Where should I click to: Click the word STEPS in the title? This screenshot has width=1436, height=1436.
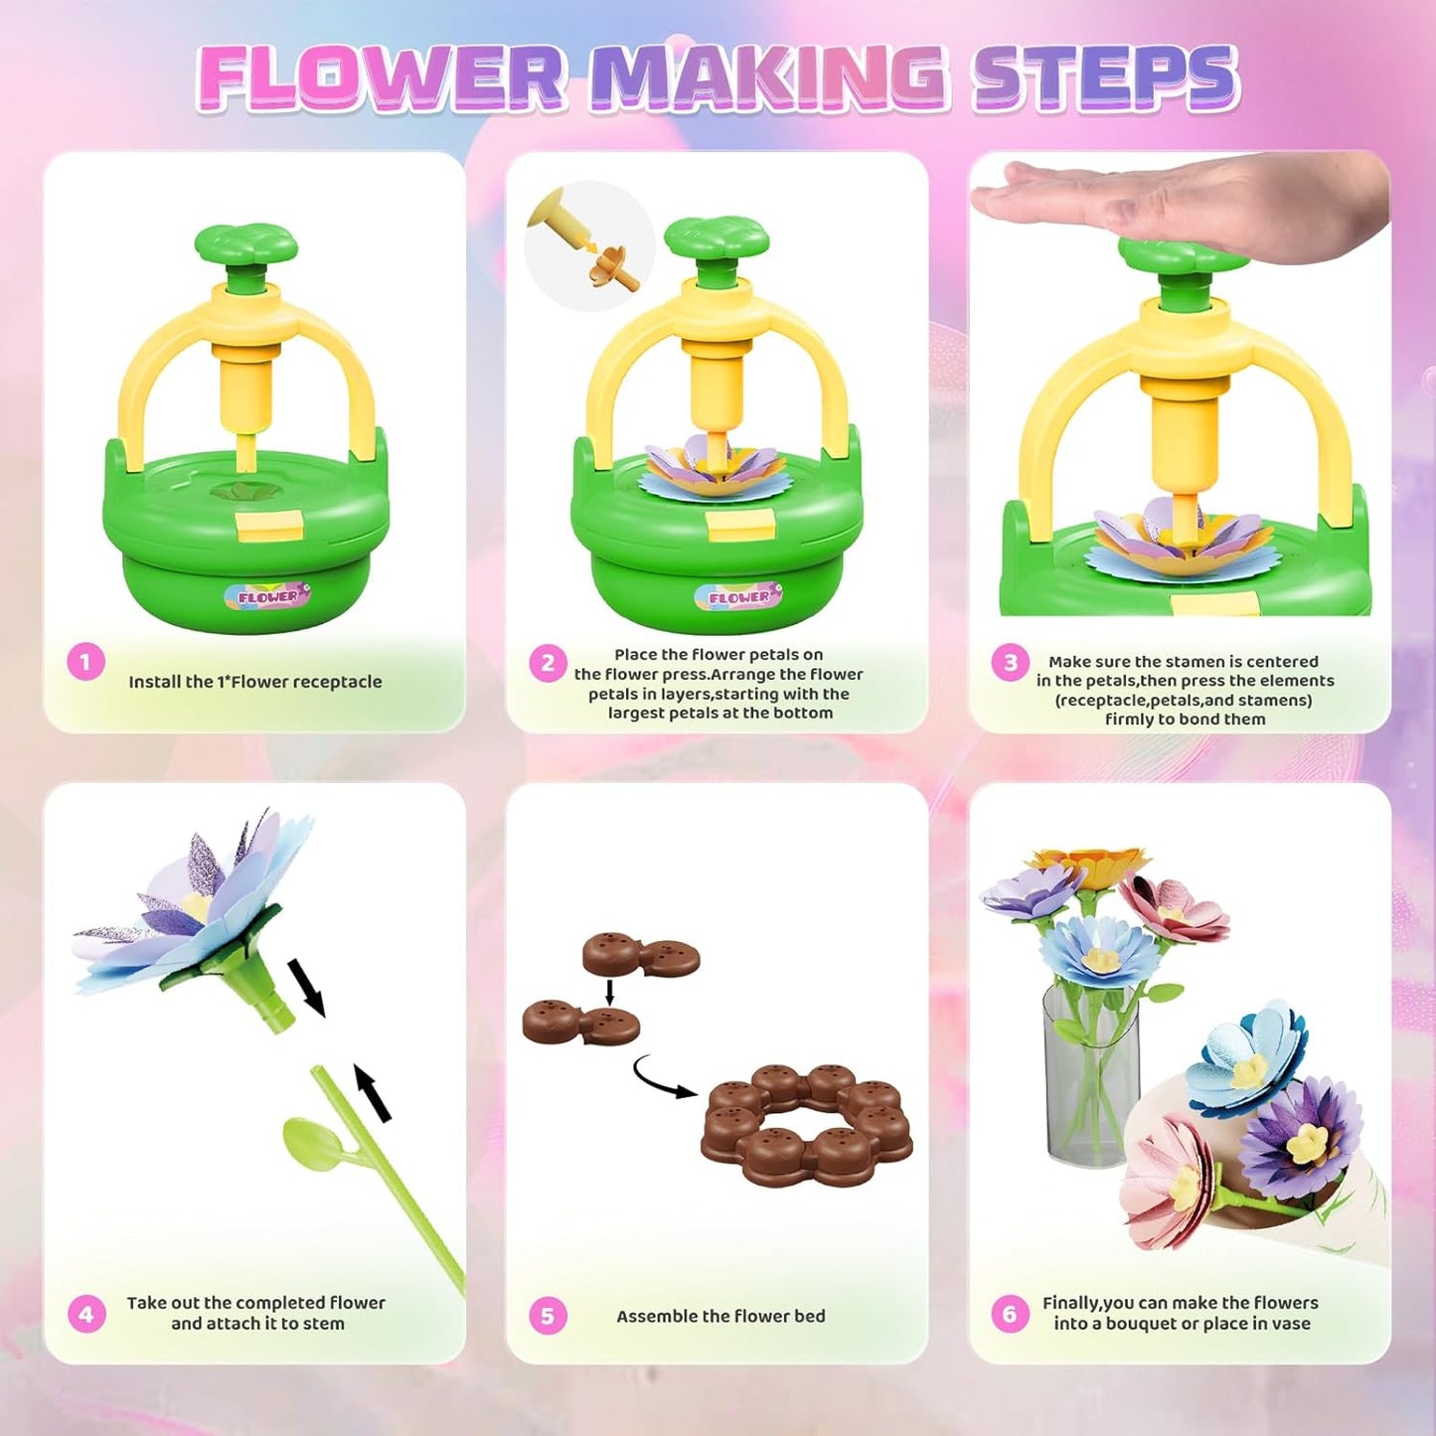[x=1105, y=77]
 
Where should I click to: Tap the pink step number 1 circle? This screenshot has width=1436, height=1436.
[x=85, y=662]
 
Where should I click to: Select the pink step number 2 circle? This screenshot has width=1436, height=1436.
[x=548, y=663]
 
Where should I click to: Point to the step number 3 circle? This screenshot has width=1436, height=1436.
[x=1011, y=663]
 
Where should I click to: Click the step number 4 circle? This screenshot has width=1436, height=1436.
[x=86, y=1315]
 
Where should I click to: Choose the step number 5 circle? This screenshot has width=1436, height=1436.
[x=548, y=1316]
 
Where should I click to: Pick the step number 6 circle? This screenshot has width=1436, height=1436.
[x=1010, y=1315]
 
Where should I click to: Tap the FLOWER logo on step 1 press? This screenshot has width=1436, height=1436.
[x=268, y=596]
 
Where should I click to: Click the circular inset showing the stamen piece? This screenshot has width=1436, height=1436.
[x=589, y=245]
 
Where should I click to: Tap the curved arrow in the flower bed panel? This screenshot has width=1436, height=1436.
[x=664, y=1079]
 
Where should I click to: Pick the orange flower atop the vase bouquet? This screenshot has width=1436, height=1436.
[x=1090, y=864]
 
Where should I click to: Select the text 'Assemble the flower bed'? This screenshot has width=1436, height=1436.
[x=720, y=1316]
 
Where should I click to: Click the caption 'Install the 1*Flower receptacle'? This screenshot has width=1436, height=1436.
[x=254, y=682]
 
